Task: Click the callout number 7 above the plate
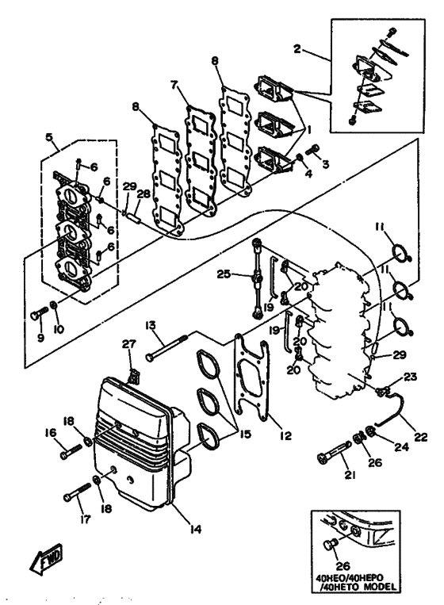[x=174, y=86]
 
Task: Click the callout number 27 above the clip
[x=129, y=343]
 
